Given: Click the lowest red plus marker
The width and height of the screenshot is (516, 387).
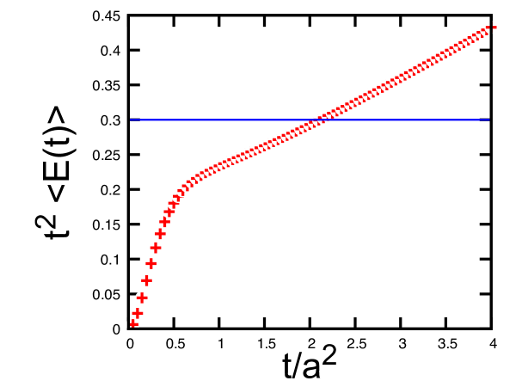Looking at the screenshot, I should pos(133,323).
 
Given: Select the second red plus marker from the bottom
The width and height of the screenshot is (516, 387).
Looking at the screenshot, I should pos(138,313).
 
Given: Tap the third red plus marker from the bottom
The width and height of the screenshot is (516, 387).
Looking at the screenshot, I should pos(142,298).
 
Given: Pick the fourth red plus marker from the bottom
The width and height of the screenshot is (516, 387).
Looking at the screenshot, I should pos(146,280).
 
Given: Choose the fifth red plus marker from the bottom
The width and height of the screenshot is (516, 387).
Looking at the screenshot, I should pos(150,263).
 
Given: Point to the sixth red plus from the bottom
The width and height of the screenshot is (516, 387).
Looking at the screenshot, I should pos(156,248).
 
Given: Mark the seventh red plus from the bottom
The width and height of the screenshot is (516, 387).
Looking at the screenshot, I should pos(160,234).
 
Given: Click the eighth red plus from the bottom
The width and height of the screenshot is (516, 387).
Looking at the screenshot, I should pos(164,221).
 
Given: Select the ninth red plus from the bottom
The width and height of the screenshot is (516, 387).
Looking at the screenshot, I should pos(169,211).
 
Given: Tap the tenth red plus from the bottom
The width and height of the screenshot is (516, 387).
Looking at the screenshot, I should pos(174,202).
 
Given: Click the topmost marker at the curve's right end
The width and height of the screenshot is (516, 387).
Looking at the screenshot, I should pos(489,28).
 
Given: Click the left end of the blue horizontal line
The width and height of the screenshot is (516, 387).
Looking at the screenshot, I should pos(131,120).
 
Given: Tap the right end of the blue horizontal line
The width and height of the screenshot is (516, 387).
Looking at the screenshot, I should pos(489,120).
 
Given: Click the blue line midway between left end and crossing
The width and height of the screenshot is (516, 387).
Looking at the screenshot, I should pos(226,120).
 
